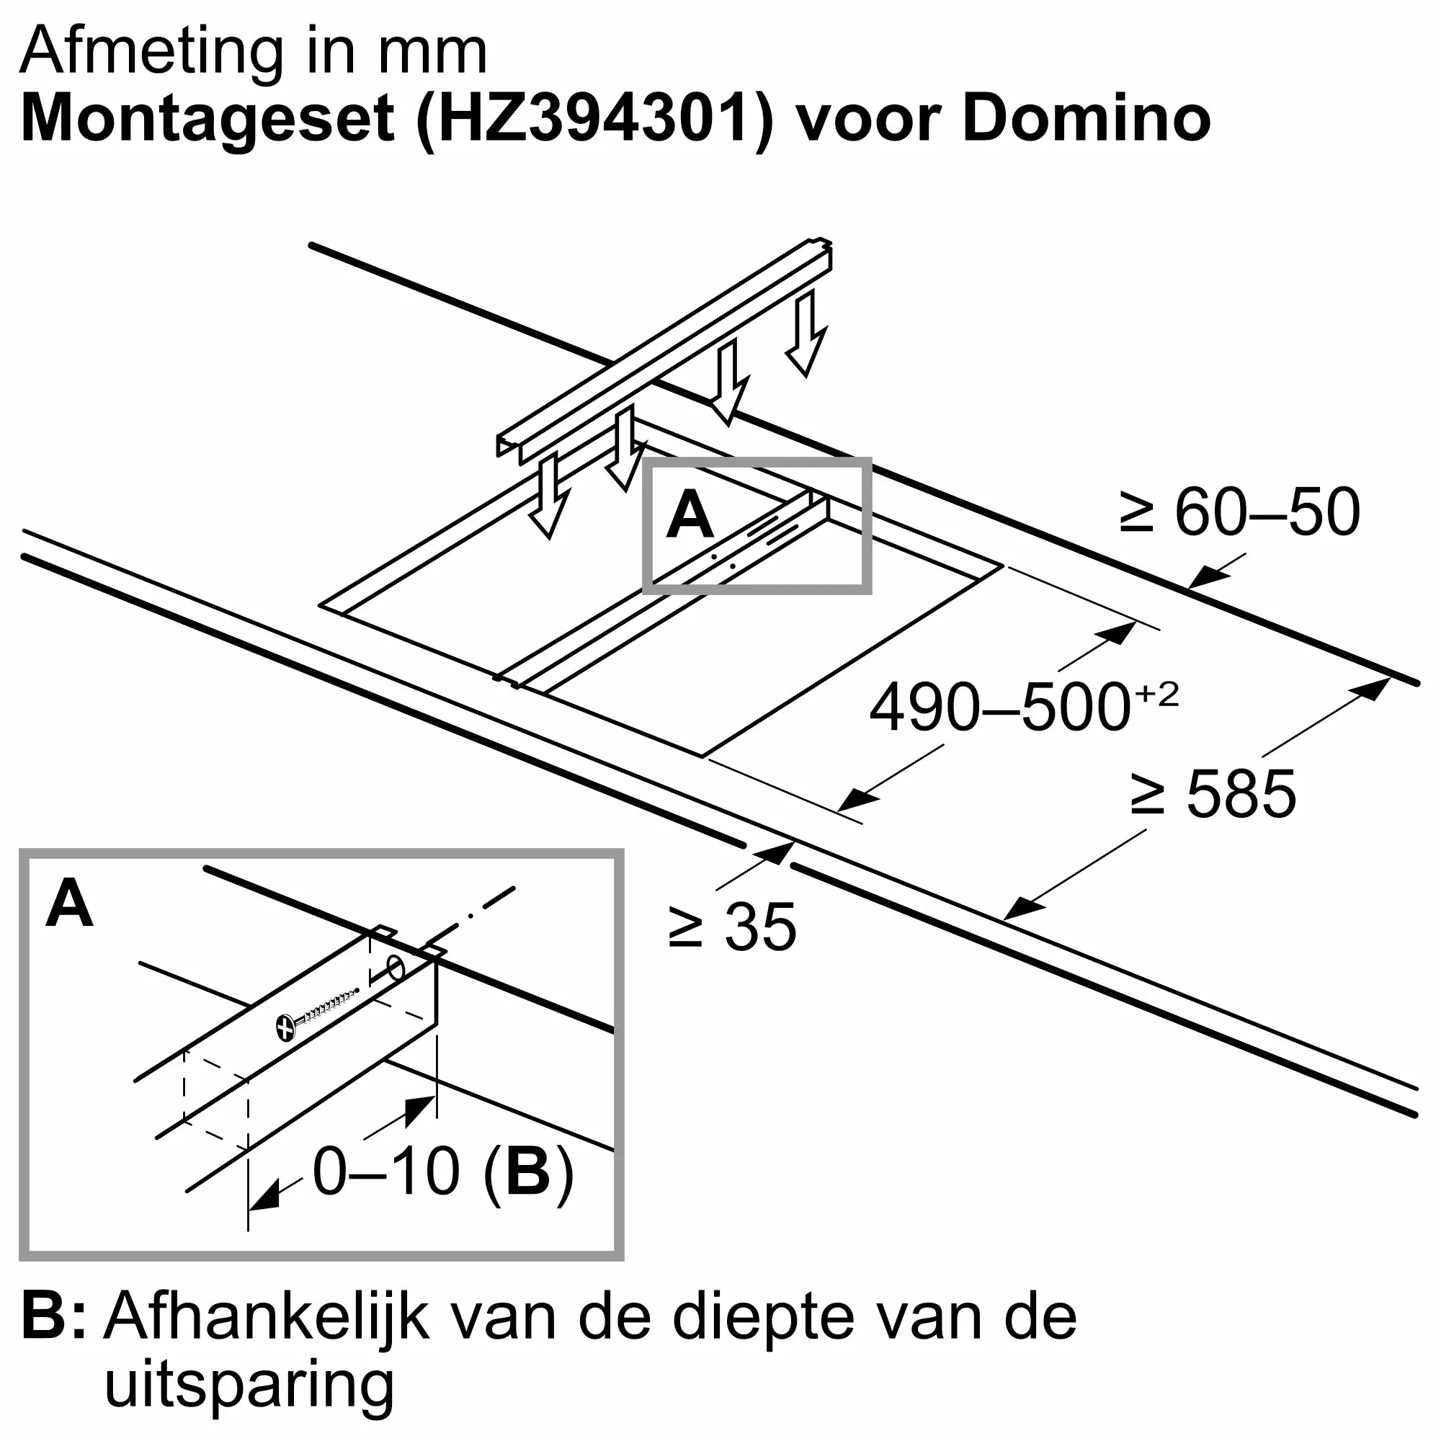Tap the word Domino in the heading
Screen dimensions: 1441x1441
click(x=1087, y=118)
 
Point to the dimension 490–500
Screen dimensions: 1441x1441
click(x=1000, y=708)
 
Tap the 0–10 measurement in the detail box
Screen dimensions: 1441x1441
click(x=385, y=1172)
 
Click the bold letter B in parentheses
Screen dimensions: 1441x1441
click(x=527, y=1172)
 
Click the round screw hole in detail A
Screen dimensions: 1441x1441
click(x=396, y=969)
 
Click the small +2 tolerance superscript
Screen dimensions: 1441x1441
click(x=1157, y=695)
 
